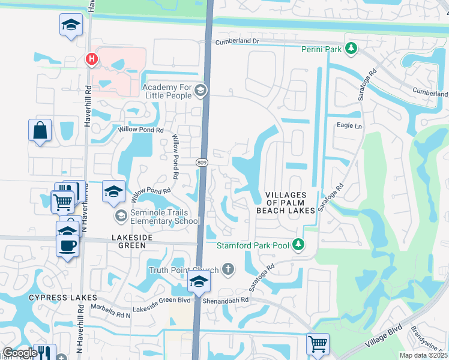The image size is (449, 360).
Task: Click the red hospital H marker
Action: (91, 59)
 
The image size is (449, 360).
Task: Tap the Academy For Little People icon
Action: (200, 91)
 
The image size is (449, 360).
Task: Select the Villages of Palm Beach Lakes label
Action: (285, 203)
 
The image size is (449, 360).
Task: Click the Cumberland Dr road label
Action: (237, 41)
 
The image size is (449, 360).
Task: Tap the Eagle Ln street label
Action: (350, 126)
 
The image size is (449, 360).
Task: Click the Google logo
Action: (20, 353)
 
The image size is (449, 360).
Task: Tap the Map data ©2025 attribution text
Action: (424, 355)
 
